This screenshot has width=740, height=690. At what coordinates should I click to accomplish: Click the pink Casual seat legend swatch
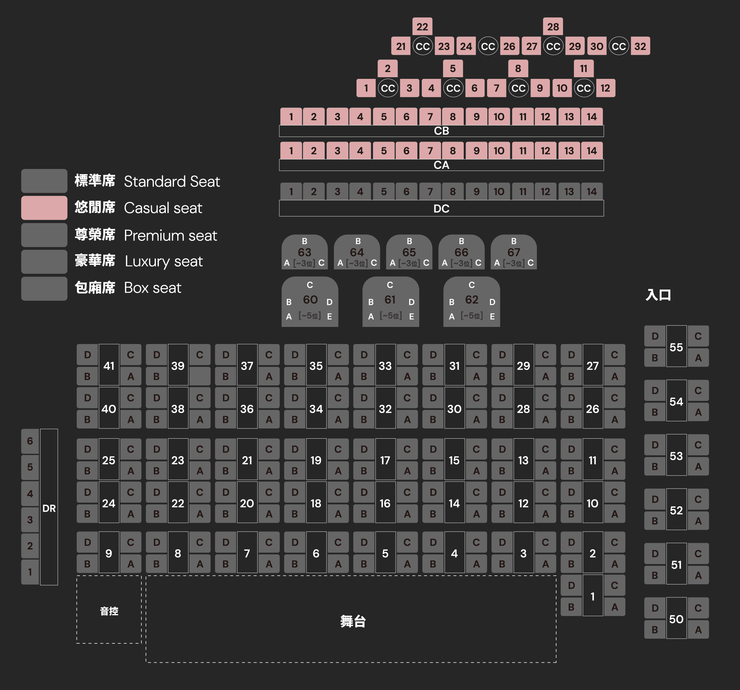pos(44,208)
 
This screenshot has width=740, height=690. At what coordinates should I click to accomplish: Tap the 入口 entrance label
pos(658,295)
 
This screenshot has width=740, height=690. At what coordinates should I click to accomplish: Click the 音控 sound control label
pos(109,611)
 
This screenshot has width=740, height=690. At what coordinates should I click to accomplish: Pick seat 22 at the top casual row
pos(422,27)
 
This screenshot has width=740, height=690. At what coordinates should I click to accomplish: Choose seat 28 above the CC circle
pos(553,27)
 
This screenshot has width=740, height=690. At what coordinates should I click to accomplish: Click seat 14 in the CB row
pos(591,117)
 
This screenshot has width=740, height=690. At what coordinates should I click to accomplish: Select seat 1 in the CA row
pos(291,150)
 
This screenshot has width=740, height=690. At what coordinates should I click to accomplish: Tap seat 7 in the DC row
pos(430,192)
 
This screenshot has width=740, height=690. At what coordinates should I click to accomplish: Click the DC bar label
pos(441,209)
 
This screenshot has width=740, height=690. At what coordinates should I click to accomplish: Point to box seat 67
pos(514,253)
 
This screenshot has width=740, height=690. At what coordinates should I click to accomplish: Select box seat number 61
pos(390,300)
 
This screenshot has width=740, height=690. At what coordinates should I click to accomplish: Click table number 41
pos(109,366)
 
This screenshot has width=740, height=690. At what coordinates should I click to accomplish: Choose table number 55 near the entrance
pos(676,347)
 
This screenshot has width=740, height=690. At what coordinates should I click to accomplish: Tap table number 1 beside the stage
pos(593,596)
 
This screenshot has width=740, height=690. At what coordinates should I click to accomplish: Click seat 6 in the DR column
pos(30,441)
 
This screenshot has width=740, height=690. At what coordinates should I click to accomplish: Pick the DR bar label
pos(49,508)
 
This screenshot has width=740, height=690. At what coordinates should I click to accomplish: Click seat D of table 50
pos(655,608)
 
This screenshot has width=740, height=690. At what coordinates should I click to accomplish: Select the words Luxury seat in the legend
pos(164,262)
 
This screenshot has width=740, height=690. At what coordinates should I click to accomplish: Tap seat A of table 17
pos(407,471)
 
